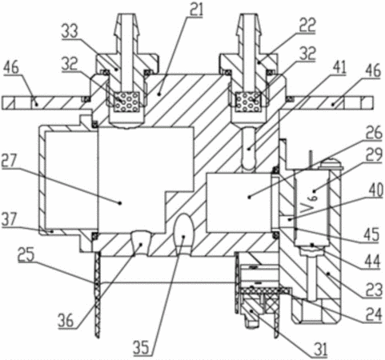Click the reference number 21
pos(196,9)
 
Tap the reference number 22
pos(308,25)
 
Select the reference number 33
pos(70,31)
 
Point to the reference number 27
pos(9,161)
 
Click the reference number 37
pos(10,219)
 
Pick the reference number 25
pos(26,254)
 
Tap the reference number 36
pos(66,320)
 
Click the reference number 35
pos(141,347)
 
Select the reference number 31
pos(320,350)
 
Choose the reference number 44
pos(372,262)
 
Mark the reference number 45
pos(371,234)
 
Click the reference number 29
pos(374,155)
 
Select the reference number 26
pos(375,132)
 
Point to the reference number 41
pos(339,67)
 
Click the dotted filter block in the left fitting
pos(126,102)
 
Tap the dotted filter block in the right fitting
pos(248,102)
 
